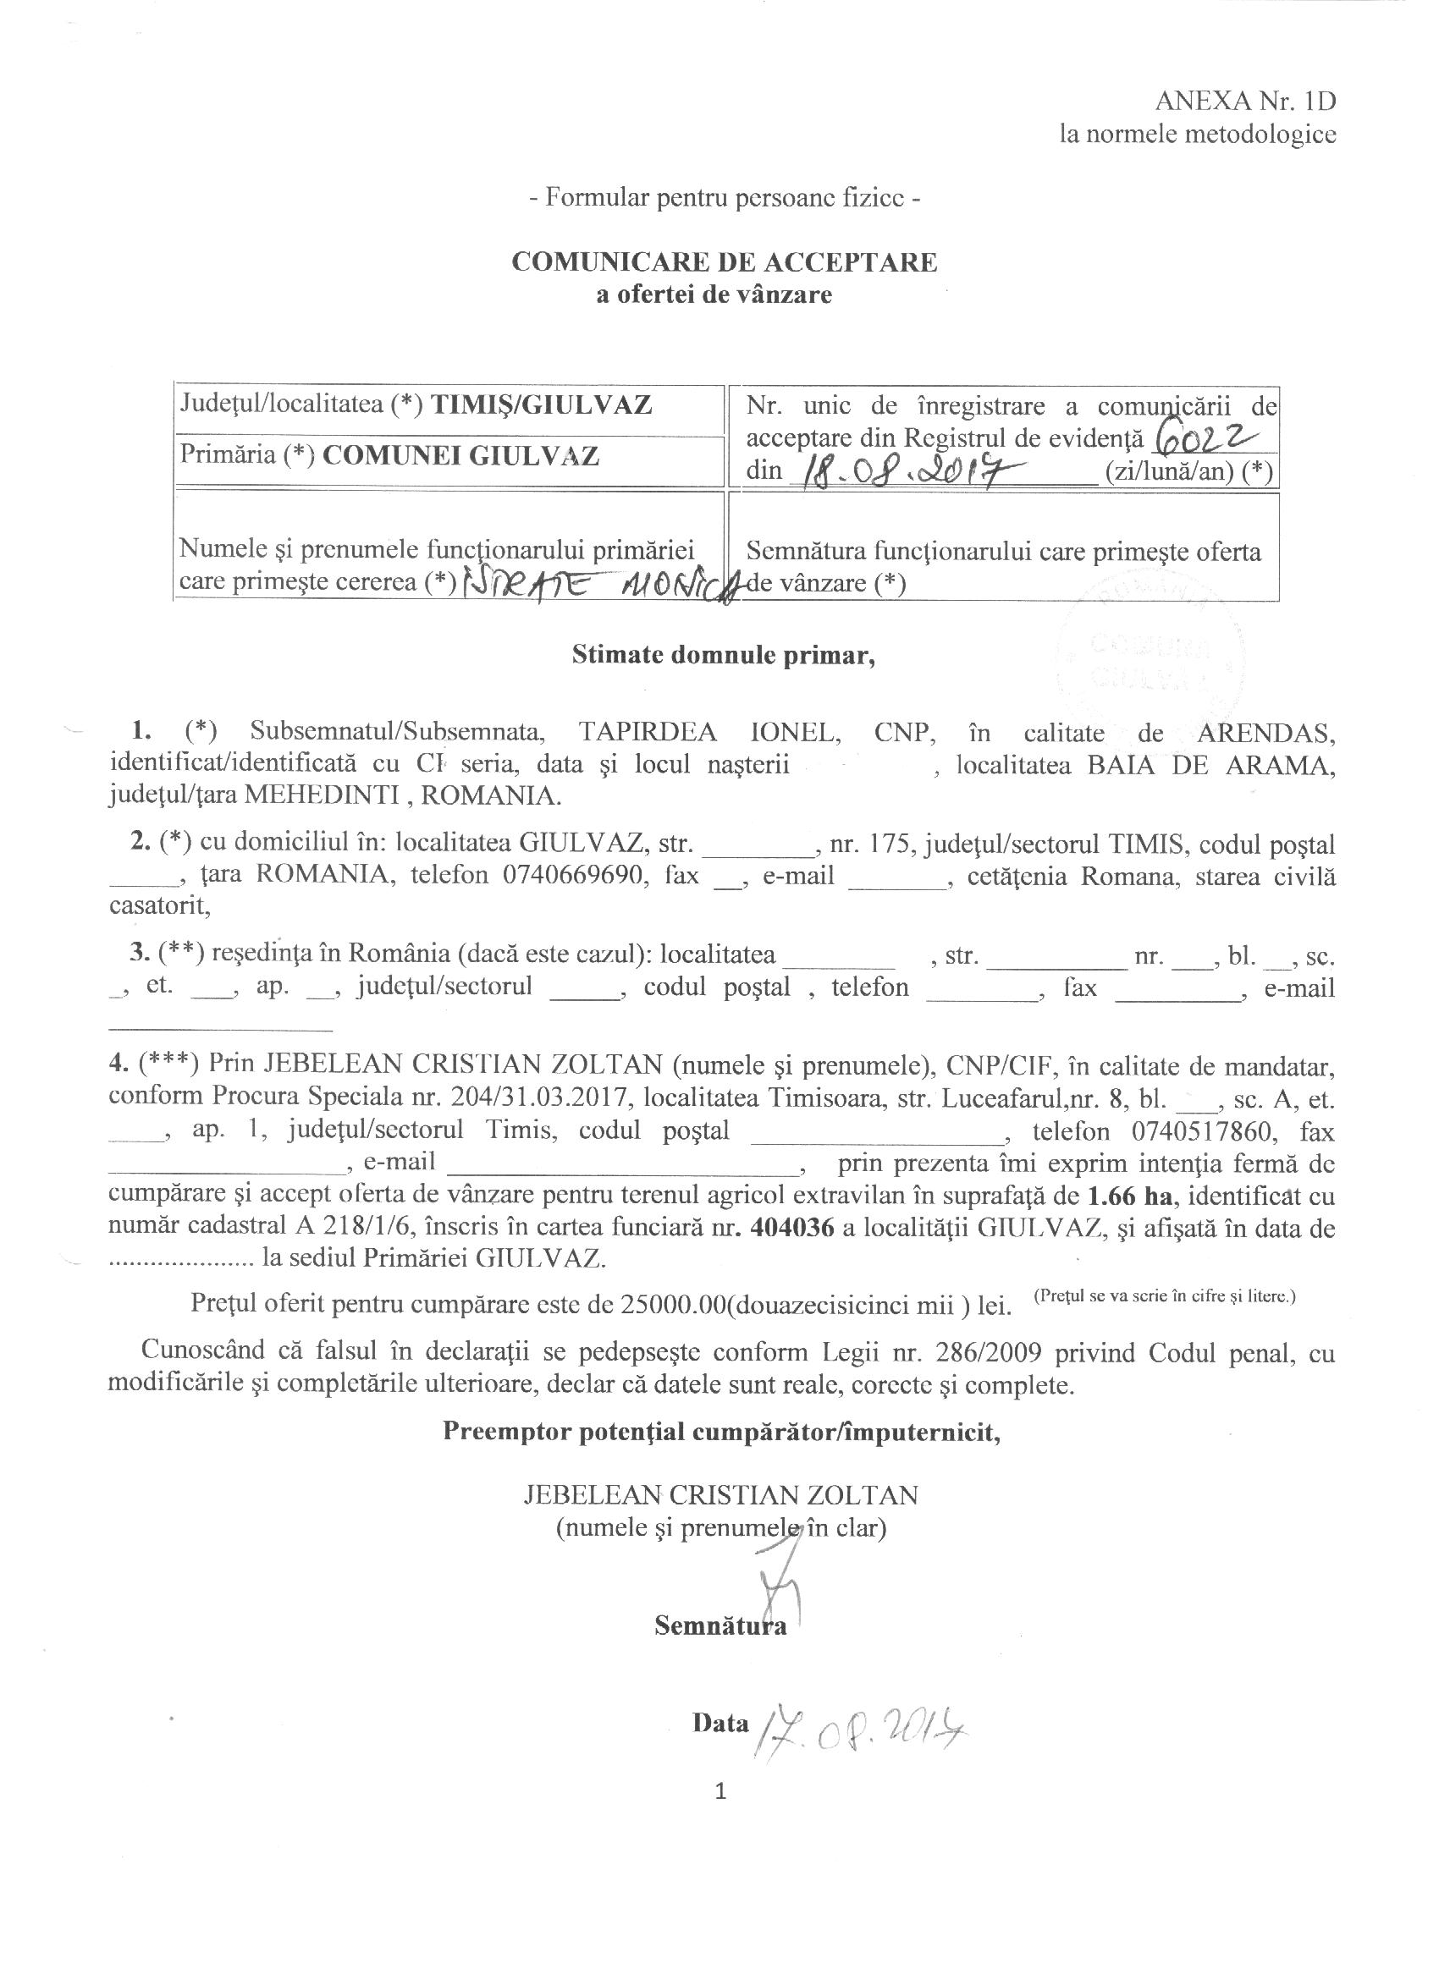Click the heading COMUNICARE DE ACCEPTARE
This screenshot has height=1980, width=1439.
724,262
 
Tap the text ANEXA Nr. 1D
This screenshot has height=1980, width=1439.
1245,102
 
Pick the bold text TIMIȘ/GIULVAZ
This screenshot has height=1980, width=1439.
543,404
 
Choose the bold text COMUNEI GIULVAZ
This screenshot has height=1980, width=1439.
460,456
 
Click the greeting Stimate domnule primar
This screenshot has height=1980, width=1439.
723,656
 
